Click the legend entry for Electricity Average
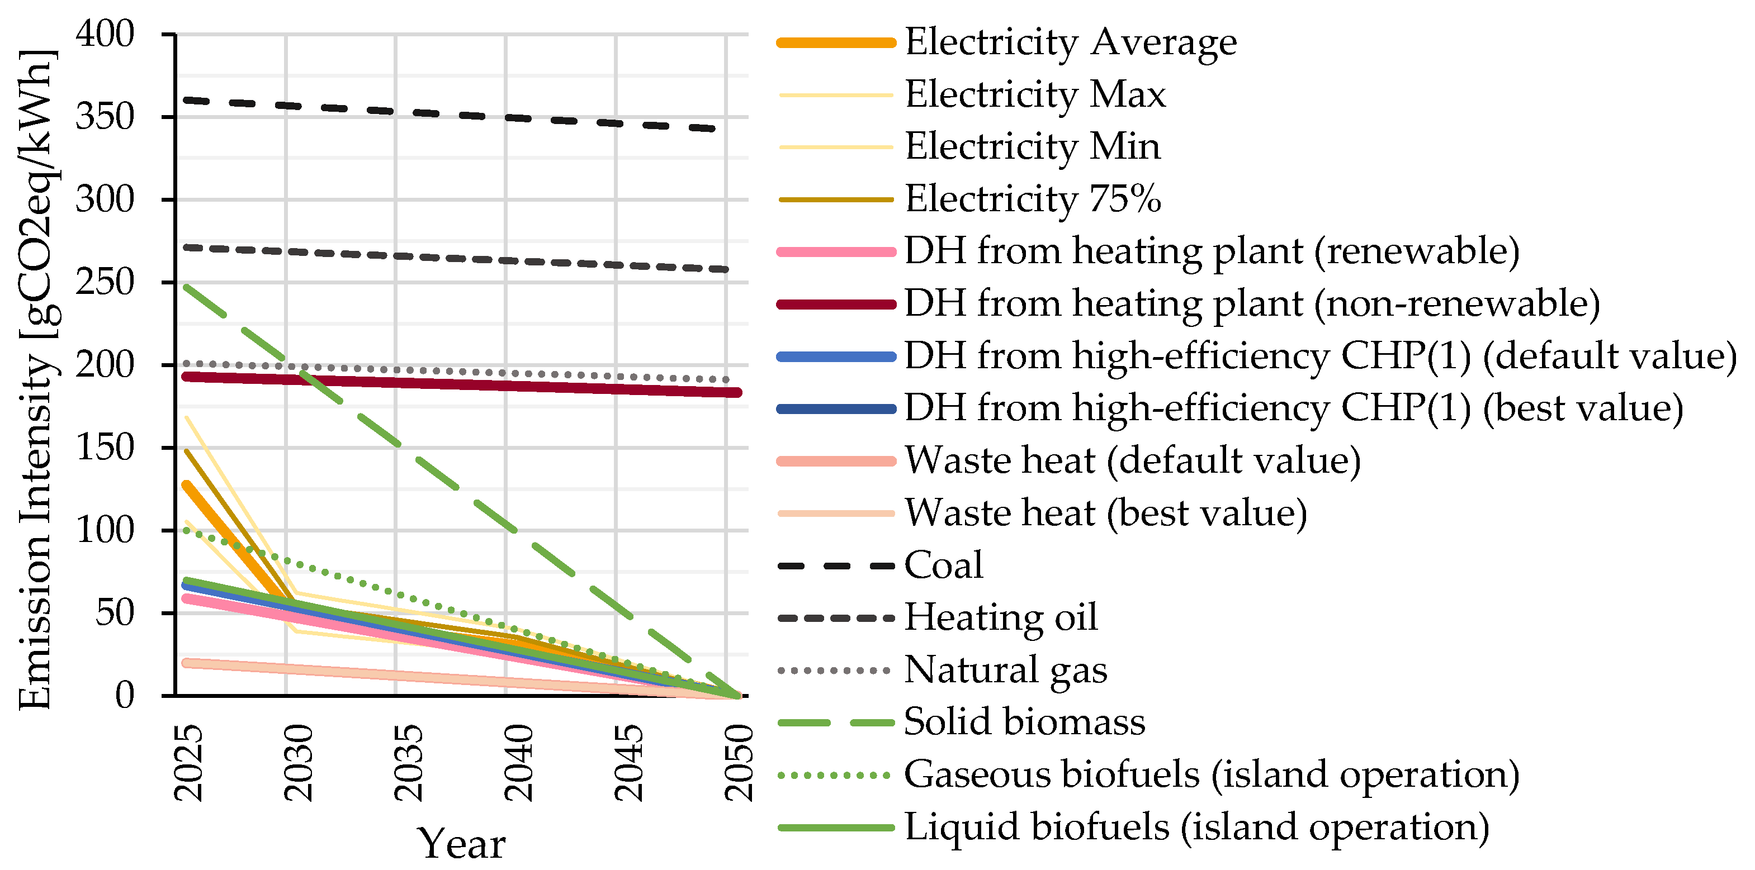tap(1070, 42)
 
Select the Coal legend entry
tap(944, 565)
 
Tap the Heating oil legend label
tap(1000, 617)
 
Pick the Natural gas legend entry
tap(1005, 670)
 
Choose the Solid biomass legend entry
tap(1024, 721)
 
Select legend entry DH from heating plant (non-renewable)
tap(1251, 303)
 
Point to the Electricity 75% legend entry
tap(1032, 199)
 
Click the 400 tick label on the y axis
tap(105, 34)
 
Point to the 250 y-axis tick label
tap(105, 282)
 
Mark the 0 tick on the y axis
tap(125, 695)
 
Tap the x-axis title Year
tap(461, 844)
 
